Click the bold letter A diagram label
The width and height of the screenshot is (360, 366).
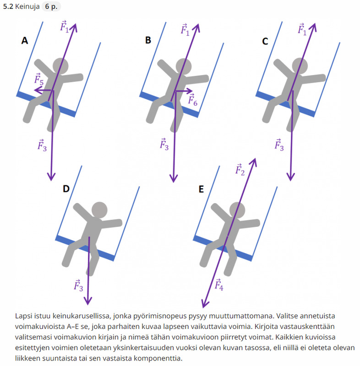[x=25, y=41]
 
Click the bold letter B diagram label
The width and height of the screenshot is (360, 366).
[x=148, y=40]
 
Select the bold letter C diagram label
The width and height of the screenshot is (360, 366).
[x=265, y=41]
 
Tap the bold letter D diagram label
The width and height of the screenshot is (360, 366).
[x=66, y=188]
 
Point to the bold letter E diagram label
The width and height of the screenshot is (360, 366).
[x=201, y=189]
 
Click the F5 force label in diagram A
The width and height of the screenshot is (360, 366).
[x=39, y=79]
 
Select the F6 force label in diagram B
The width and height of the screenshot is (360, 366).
[x=193, y=100]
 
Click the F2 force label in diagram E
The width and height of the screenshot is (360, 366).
[x=240, y=169]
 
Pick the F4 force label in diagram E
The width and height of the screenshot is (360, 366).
[x=219, y=284]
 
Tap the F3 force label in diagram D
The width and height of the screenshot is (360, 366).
[x=78, y=285]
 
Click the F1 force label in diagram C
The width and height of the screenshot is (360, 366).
[x=302, y=29]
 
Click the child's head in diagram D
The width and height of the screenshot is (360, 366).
[x=99, y=210]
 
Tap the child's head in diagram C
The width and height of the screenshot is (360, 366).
[x=300, y=66]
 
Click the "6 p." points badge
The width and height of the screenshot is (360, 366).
[x=51, y=6]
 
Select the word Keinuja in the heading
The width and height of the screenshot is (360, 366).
[x=27, y=6]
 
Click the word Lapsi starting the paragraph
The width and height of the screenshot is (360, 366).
[x=24, y=316]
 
